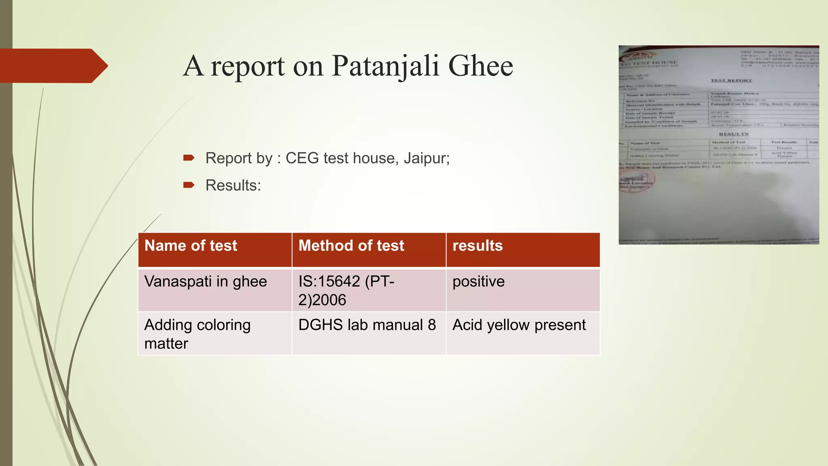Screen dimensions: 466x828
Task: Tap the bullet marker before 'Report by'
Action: [189, 158]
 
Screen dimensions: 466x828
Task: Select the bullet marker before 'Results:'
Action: [189, 185]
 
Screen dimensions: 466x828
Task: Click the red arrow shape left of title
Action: [53, 66]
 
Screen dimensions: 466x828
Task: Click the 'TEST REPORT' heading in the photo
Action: [731, 80]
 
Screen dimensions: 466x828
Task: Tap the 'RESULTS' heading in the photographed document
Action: [733, 134]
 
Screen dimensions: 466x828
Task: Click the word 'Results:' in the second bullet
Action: [233, 186]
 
